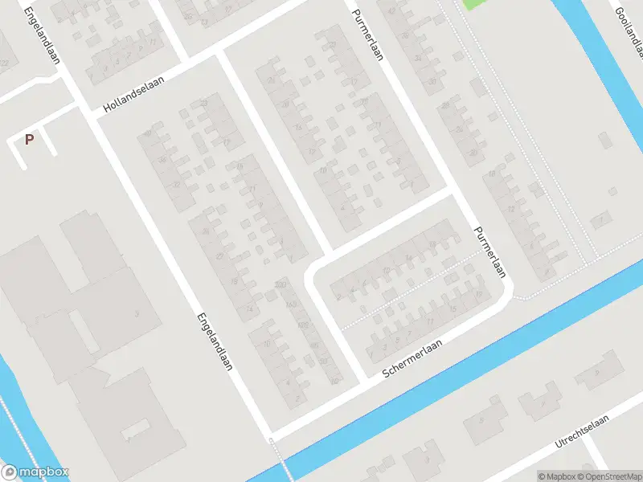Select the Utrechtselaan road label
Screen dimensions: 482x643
pos(582,431)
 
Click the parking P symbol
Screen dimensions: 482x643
pos(30,140)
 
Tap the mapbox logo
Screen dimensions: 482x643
pos(35,472)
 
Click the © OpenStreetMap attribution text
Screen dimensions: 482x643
pos(613,476)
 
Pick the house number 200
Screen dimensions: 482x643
pos(281,284)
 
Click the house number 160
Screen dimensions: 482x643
pos(291,304)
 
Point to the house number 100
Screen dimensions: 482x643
pos(303,325)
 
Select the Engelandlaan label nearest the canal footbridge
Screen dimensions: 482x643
pos(213,341)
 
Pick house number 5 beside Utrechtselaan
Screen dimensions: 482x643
pos(481,419)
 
